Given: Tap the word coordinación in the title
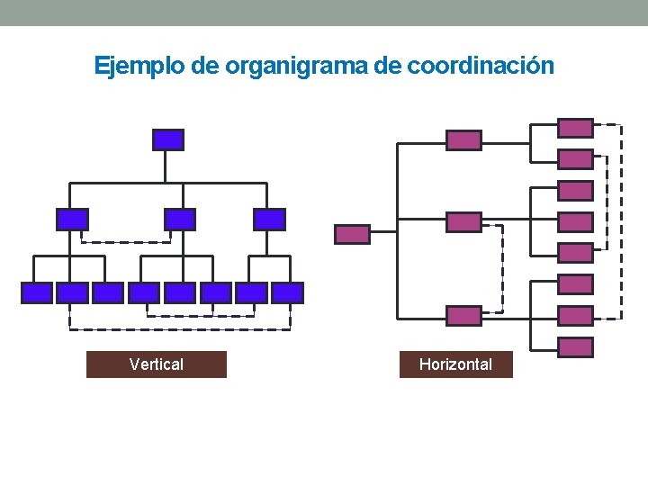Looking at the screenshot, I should [x=481, y=66].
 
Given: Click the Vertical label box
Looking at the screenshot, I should [x=157, y=364].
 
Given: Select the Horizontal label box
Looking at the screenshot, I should [x=455, y=364].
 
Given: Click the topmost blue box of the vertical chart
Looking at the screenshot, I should [x=168, y=139].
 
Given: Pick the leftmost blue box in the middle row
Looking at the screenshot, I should [x=72, y=219].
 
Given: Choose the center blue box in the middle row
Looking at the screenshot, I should [x=179, y=219].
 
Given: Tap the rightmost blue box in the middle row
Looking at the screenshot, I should [x=269, y=219].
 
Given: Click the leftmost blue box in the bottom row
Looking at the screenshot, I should [x=37, y=292].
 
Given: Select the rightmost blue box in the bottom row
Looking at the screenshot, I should [x=287, y=292].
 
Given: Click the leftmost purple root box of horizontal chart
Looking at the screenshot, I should [x=352, y=234].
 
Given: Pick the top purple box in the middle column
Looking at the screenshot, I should [x=464, y=139].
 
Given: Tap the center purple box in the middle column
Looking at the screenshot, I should [x=464, y=222].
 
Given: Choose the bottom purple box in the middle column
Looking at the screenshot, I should [x=464, y=315].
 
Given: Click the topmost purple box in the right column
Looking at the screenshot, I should [x=575, y=128].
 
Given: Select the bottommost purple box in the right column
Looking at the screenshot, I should [x=575, y=347].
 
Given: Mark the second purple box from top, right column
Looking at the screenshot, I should [x=575, y=159].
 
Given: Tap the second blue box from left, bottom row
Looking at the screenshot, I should [x=72, y=292].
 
